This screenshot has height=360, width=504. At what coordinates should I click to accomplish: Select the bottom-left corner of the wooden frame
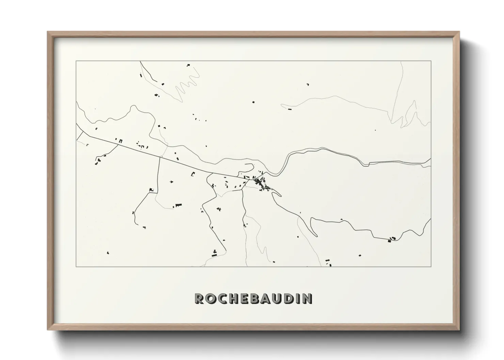click(48, 329)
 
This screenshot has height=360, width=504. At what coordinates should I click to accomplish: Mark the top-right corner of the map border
click(431, 61)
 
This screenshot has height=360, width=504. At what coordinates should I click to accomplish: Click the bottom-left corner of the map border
click(76, 266)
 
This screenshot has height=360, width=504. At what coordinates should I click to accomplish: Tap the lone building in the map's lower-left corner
click(108, 253)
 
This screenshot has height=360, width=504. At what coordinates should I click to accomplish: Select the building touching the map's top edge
click(188, 64)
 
